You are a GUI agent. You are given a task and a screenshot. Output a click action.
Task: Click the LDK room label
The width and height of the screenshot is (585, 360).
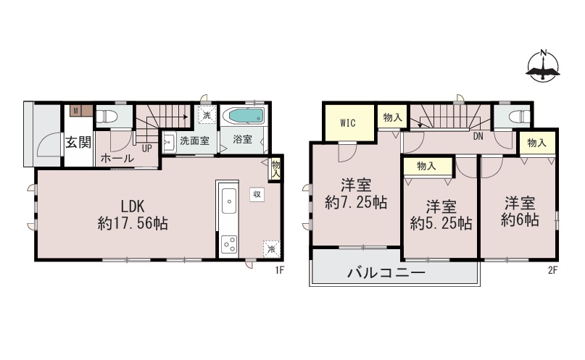133,206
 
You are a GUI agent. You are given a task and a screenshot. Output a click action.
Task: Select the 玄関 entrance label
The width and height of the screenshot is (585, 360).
78,142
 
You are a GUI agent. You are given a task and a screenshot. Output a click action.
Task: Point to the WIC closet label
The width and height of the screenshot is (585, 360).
348,123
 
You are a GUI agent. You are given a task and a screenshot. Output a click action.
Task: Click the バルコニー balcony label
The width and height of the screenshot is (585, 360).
386,273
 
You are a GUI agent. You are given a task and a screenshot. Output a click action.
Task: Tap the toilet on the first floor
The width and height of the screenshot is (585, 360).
107,117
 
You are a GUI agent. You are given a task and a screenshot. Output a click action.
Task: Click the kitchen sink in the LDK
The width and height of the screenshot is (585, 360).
228,201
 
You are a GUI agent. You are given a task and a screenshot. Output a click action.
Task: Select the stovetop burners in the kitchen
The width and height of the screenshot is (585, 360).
228,245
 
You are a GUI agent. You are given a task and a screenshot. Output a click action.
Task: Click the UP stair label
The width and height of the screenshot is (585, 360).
147,148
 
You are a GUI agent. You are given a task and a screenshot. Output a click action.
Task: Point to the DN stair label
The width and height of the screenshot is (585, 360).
478,136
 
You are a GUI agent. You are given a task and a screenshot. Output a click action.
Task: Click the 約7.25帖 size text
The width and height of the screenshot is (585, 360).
356,203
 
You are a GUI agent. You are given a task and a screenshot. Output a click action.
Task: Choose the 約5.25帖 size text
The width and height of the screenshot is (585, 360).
441,223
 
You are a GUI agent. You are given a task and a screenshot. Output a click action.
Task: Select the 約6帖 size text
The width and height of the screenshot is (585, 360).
520,220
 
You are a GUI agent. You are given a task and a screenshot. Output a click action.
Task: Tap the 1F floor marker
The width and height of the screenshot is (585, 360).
280,271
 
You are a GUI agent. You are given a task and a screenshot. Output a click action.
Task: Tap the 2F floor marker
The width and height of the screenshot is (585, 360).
552,271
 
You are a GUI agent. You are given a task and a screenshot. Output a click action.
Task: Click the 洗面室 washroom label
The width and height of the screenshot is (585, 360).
194,141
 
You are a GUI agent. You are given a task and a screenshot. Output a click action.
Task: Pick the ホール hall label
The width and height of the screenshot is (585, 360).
117,159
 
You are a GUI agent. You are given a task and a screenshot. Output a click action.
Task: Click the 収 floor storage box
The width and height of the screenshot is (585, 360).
257,194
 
